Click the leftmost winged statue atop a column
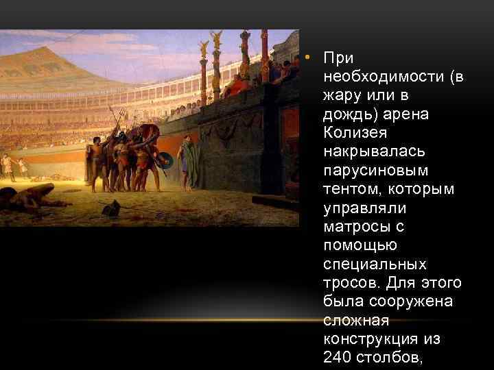pyautogui.click(x=203, y=49)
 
